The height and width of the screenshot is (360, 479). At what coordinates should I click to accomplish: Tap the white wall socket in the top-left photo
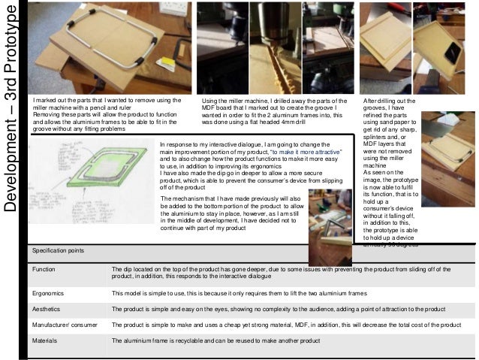(175, 8)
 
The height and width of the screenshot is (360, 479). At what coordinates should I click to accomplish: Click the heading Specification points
(63, 250)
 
